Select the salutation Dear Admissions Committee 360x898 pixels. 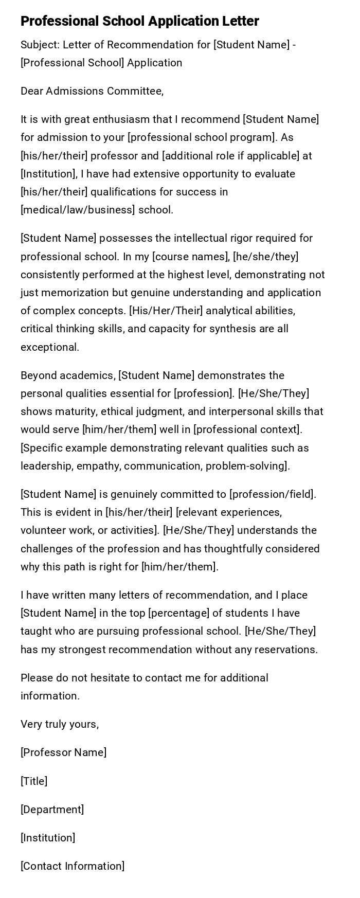pyautogui.click(x=92, y=91)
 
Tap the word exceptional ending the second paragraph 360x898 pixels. pyautogui.click(x=49, y=347)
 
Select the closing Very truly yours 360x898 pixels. pyautogui.click(x=60, y=724)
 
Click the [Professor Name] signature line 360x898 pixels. pyautogui.click(x=64, y=752)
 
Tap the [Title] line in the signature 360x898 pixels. pyautogui.click(x=34, y=781)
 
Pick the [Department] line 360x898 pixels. pyautogui.click(x=52, y=810)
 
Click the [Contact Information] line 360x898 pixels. pyautogui.click(x=73, y=866)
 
